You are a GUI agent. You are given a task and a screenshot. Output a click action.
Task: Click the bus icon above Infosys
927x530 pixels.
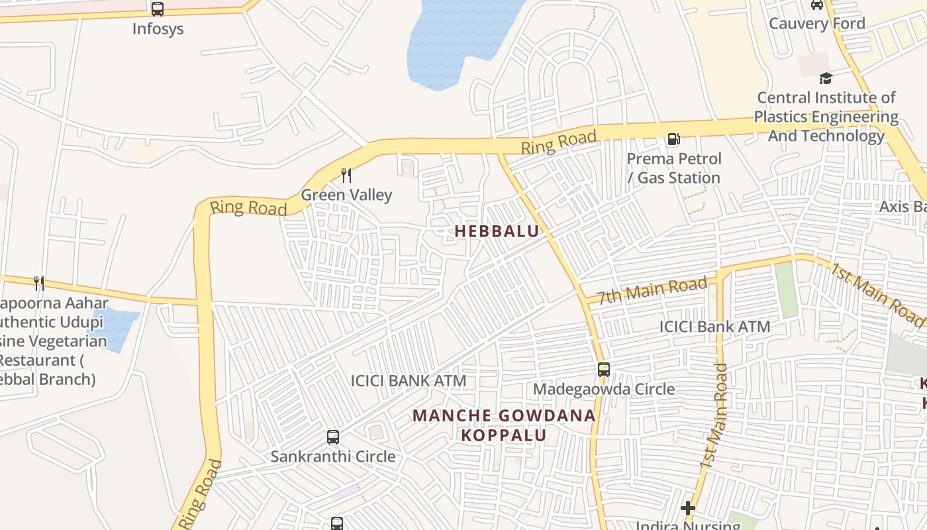[x=157, y=9]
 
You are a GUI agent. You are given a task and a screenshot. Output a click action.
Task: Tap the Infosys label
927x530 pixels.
[x=158, y=29]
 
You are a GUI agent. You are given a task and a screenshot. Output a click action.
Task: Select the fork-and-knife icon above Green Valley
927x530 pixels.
[x=346, y=176]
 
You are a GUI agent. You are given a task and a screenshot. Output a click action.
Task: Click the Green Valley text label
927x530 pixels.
[x=346, y=195]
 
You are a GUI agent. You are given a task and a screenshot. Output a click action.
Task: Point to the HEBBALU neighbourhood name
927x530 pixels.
[x=497, y=231]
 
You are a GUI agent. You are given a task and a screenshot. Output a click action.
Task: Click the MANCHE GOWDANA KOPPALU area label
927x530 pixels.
[x=504, y=425]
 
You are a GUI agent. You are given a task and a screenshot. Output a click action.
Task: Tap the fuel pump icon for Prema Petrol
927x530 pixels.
[x=673, y=139]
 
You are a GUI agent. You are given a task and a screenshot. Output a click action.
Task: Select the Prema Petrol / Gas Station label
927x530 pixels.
[x=674, y=168]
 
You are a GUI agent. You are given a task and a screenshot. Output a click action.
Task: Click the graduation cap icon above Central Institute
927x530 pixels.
[x=825, y=78]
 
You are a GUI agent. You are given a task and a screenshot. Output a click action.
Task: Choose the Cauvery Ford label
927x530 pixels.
[x=816, y=24]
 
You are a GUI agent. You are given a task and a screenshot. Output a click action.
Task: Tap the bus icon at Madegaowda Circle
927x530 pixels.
[x=603, y=370]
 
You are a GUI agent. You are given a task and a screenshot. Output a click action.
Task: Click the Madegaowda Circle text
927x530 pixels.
[x=603, y=389]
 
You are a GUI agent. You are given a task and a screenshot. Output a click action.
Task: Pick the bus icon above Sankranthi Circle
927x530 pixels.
[x=333, y=437]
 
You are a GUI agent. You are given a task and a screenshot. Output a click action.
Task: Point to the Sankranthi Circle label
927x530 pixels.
[x=333, y=456]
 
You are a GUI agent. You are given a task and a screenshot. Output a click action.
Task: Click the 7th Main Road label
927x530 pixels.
[x=652, y=291]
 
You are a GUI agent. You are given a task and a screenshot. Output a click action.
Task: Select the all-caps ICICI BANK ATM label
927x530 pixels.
[x=408, y=381]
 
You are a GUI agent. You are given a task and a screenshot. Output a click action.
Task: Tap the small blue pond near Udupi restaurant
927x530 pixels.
[x=116, y=329]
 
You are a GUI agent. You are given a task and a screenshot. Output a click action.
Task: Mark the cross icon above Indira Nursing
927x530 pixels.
[x=688, y=508]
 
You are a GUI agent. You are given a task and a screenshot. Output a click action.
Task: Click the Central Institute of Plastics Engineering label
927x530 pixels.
[x=826, y=117]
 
